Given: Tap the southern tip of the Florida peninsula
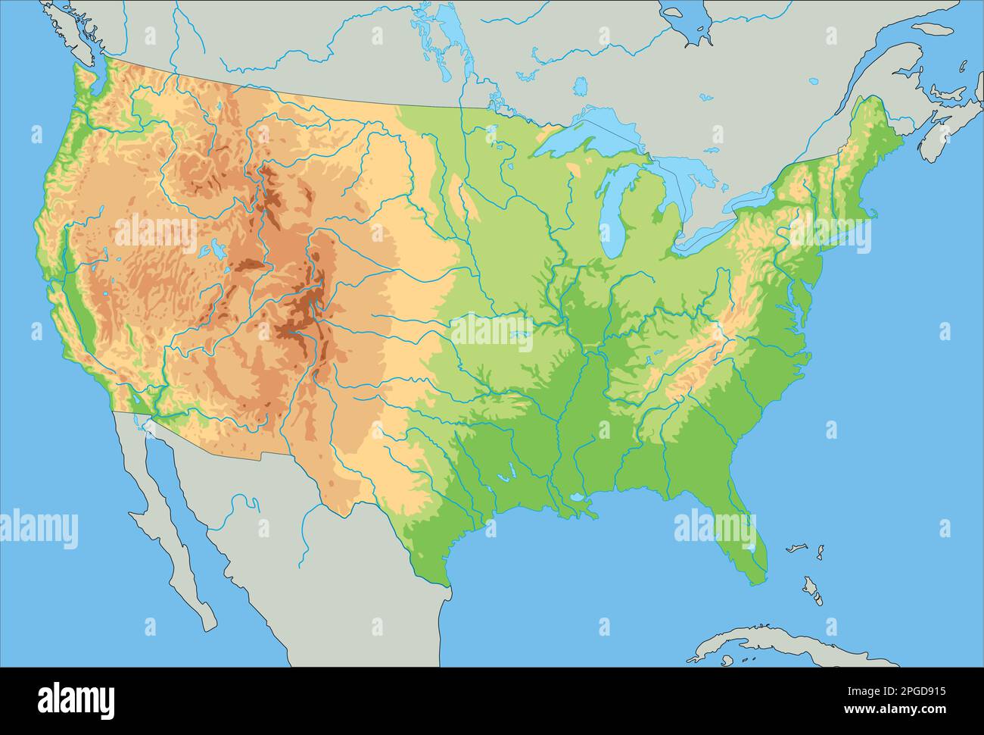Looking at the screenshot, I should [x=758, y=580].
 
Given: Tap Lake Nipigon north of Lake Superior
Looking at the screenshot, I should [x=580, y=86].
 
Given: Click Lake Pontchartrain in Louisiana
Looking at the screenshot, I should [x=579, y=499].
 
